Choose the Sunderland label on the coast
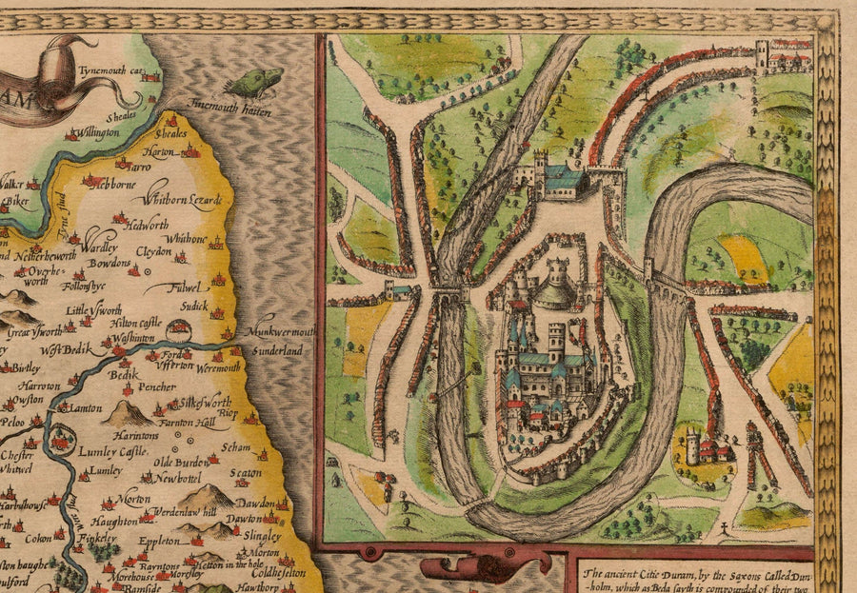coord(277,351)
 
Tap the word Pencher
coord(155,387)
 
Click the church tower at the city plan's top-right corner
coord(762,53)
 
